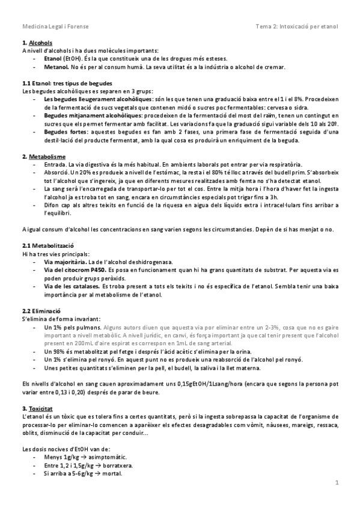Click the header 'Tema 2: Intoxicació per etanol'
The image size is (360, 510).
(297, 26)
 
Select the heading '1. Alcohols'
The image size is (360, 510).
(37, 43)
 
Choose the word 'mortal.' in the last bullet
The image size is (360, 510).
(110, 473)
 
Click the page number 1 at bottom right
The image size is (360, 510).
(337, 483)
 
